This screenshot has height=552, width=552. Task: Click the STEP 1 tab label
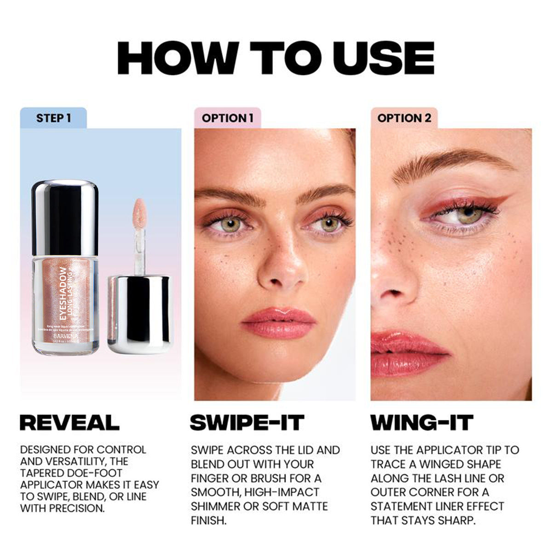point(53,118)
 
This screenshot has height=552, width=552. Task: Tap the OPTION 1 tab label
point(227,118)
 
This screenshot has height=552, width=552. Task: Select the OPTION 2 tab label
point(404,118)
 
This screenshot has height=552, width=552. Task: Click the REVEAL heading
point(69,422)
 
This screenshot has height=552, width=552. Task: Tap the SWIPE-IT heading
point(247,422)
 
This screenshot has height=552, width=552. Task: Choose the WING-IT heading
point(422,422)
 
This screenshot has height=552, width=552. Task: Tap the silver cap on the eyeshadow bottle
point(65,212)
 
